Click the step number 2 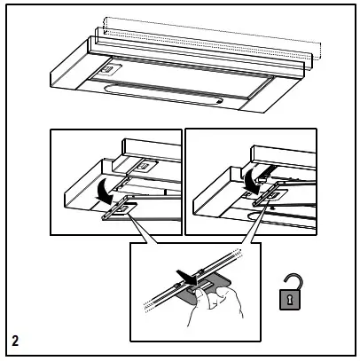point(15,341)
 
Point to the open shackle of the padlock point(293,282)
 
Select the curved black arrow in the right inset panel point(252,178)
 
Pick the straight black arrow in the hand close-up point(186,278)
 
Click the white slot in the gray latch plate point(203,286)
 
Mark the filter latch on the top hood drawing point(106,70)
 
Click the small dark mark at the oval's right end point(219,101)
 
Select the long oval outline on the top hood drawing point(163,94)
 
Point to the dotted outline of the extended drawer point(212,38)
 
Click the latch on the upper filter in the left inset point(145,166)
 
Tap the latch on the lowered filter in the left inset point(121,209)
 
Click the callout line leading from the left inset point(144,228)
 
